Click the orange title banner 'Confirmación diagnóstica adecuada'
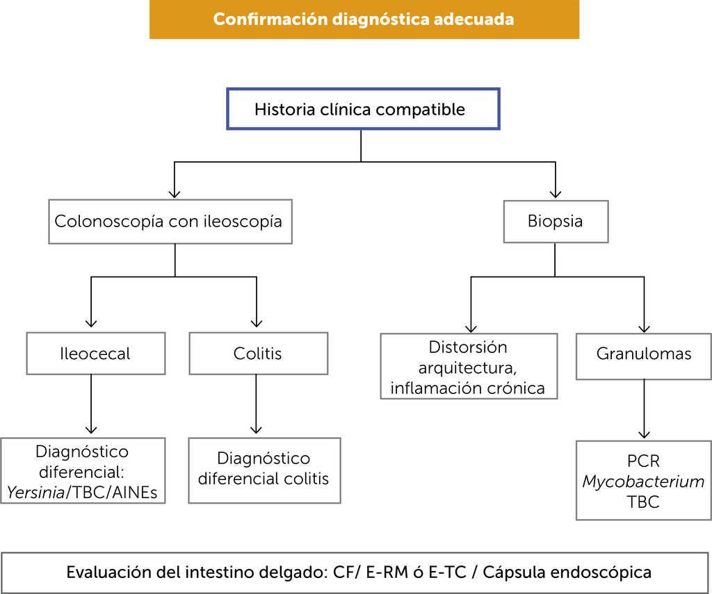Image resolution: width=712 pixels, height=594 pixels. point(364,19)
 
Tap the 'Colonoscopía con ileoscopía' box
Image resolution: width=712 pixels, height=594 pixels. point(170,222)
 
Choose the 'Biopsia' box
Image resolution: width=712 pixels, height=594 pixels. point(555,222)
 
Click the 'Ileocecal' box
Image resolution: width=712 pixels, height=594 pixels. point(95,354)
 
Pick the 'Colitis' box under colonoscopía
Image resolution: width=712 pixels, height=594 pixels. point(258,354)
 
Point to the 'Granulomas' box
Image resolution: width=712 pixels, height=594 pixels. point(644,354)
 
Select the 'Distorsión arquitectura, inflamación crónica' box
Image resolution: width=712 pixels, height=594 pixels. point(468,367)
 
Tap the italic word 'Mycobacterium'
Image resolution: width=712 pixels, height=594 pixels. point(643,481)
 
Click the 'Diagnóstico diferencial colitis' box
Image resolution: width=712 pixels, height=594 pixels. point(264,469)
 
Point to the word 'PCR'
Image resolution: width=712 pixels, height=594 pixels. point(643,461)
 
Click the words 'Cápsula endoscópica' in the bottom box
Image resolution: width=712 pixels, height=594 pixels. point(567,572)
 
